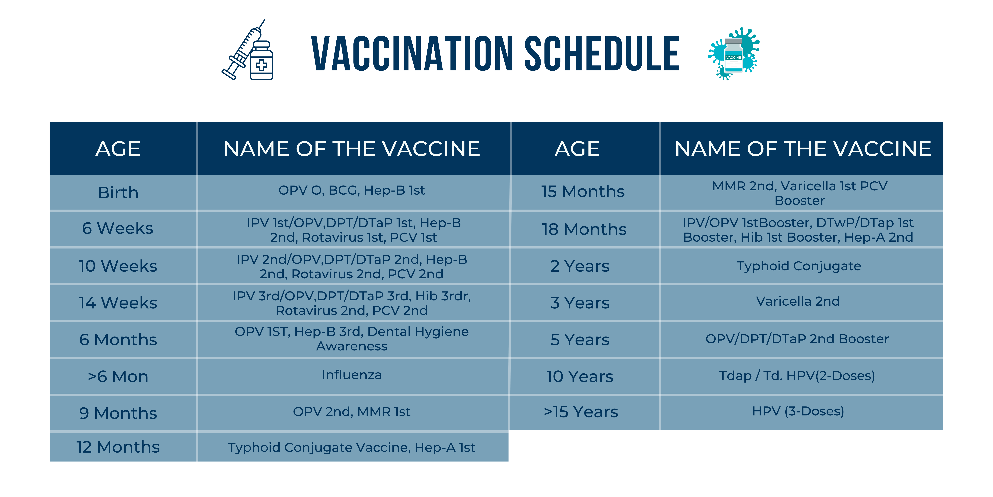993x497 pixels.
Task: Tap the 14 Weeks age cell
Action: click(x=118, y=303)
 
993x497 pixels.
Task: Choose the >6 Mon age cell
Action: click(x=118, y=377)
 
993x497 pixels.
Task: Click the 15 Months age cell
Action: click(x=583, y=191)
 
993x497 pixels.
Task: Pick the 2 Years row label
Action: click(x=580, y=266)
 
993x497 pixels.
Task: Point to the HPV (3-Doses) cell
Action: click(x=798, y=411)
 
